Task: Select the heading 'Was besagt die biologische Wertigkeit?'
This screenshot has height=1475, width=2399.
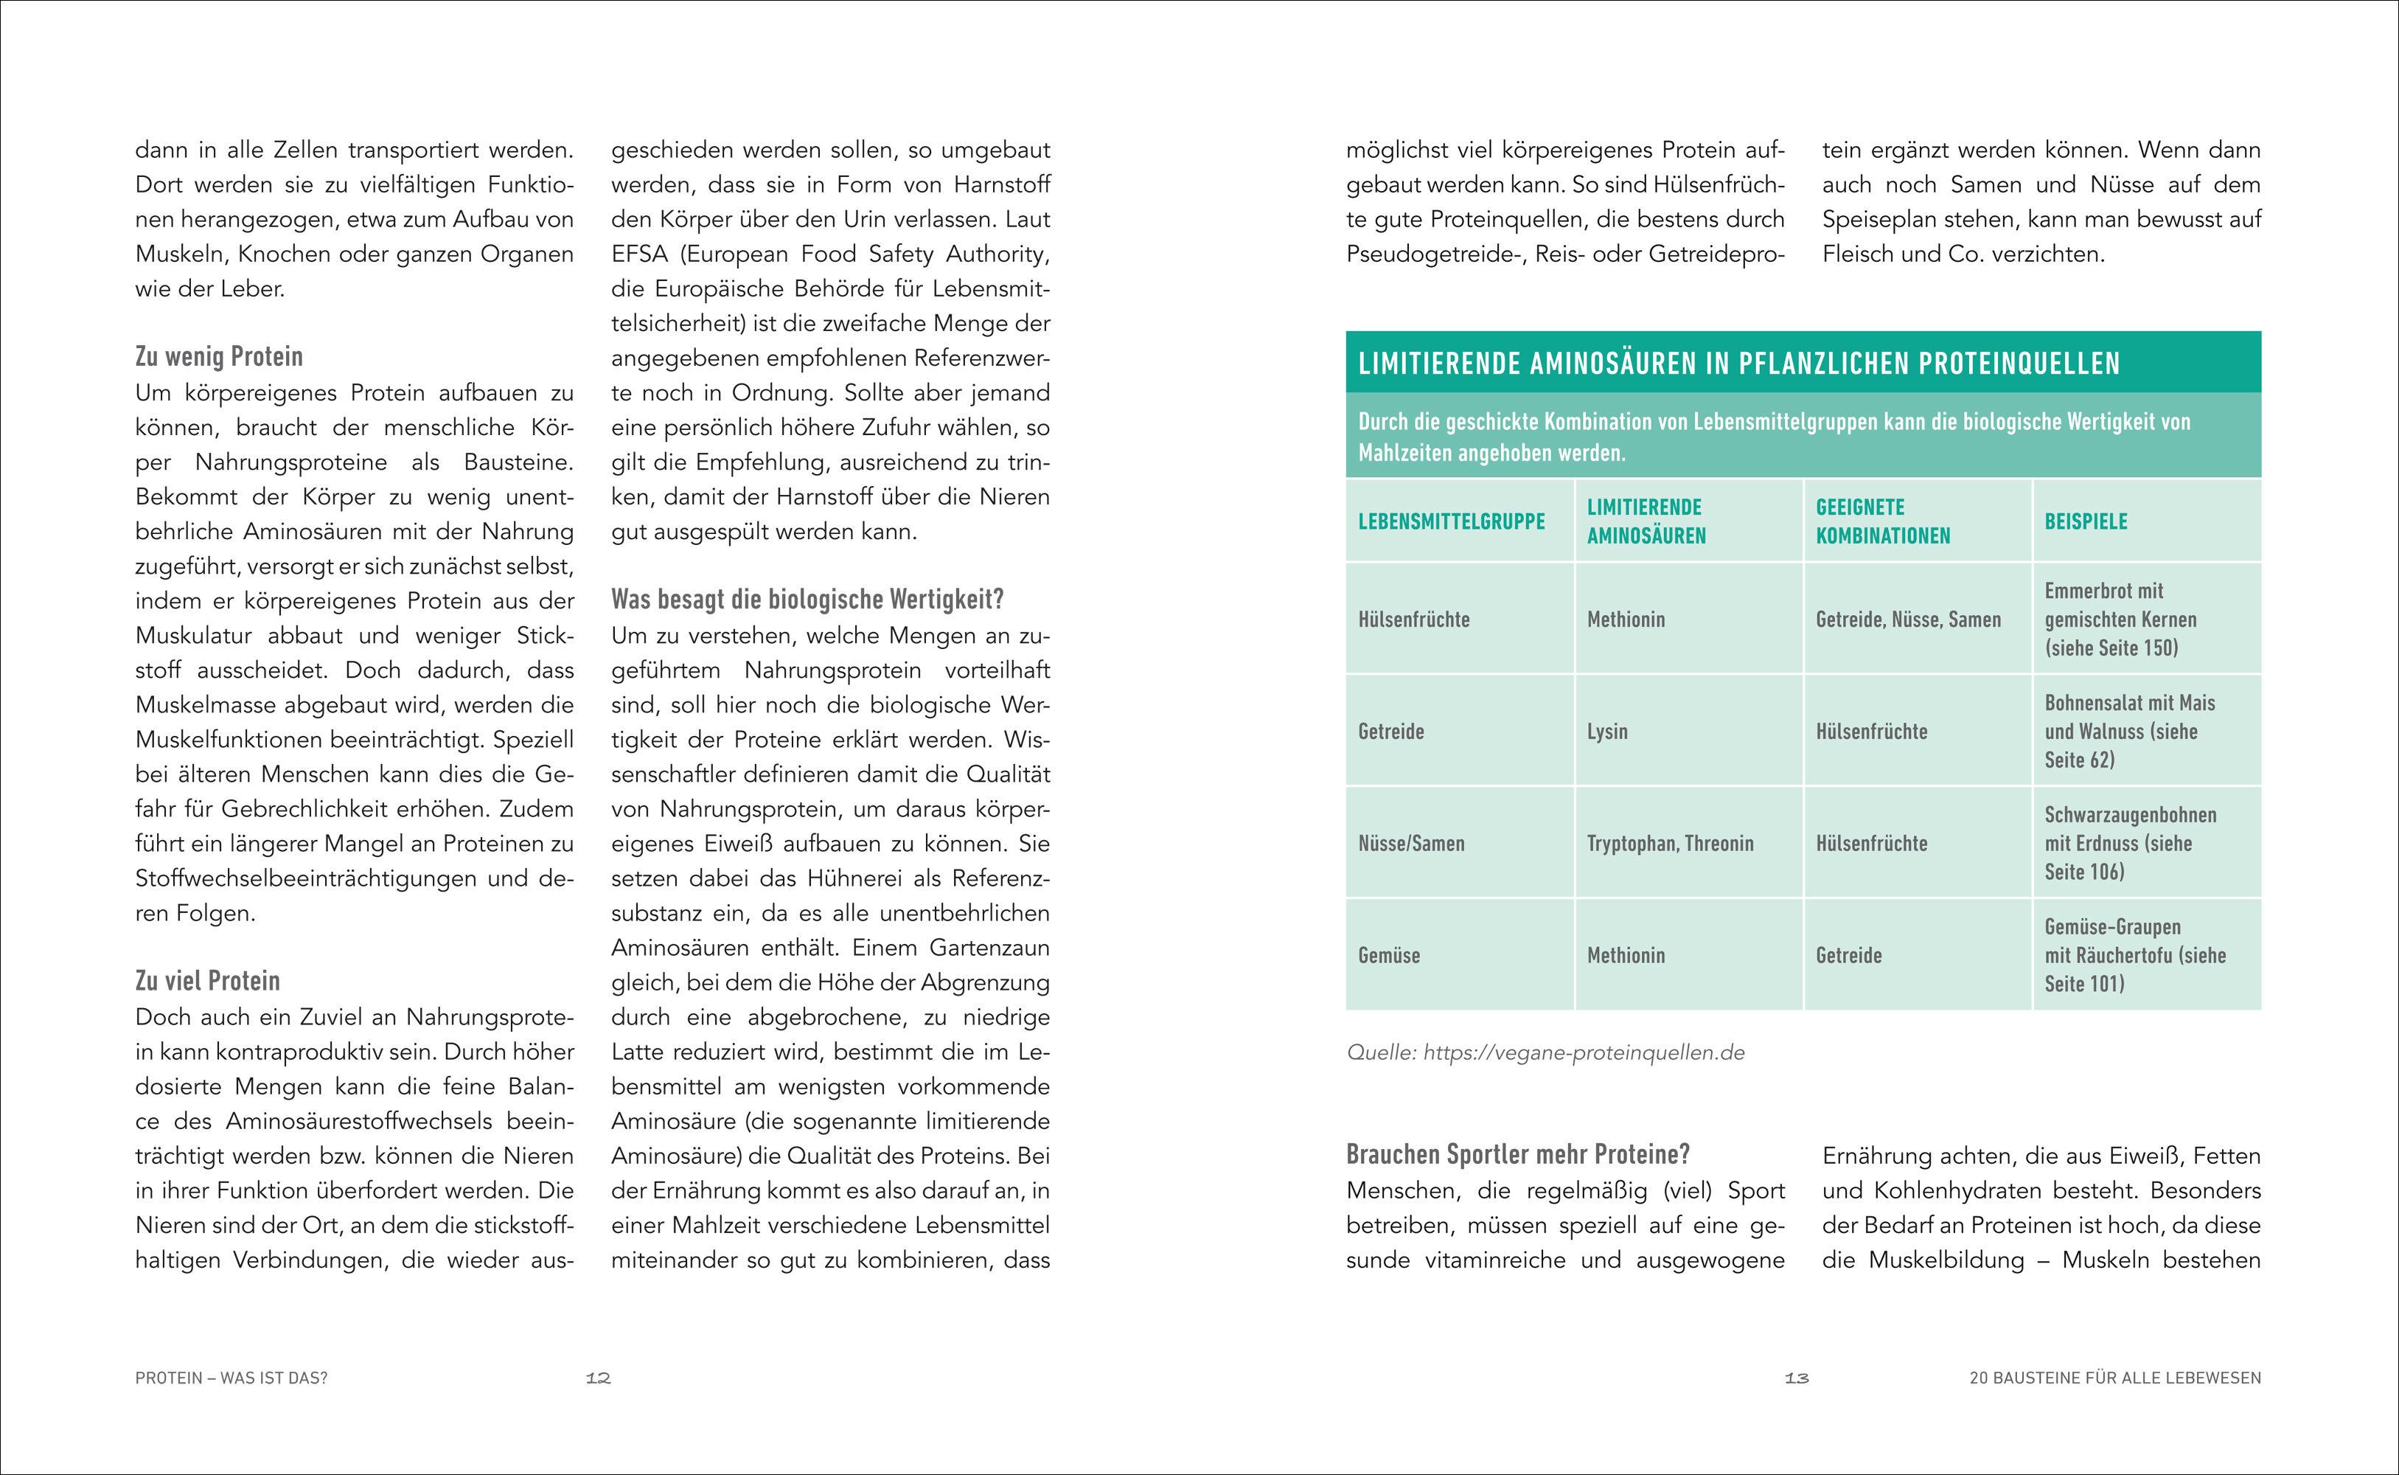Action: [807, 599]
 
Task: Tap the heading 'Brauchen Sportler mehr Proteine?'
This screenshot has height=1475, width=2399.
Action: [1517, 1155]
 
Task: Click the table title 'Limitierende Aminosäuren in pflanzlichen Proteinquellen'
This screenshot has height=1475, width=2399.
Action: [1738, 364]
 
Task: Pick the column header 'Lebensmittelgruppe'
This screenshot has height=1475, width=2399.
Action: [1451, 522]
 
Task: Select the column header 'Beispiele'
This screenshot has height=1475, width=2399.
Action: [2086, 522]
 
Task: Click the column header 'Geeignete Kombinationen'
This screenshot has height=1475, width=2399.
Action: [1882, 522]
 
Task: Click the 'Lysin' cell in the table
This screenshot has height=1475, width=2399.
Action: [1607, 732]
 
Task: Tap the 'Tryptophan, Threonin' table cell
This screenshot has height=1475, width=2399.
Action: [1670, 844]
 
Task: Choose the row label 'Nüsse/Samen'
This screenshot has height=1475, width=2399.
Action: [1411, 844]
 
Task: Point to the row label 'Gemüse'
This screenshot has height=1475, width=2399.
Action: [1389, 956]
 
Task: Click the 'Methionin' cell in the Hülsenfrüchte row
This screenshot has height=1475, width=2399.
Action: [1626, 619]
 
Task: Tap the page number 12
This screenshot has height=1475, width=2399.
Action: [598, 1378]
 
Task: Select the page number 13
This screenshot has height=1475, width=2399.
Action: [1797, 1378]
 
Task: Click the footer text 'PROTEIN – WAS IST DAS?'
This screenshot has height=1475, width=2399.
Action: [231, 1378]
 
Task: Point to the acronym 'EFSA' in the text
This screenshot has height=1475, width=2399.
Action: [640, 254]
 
